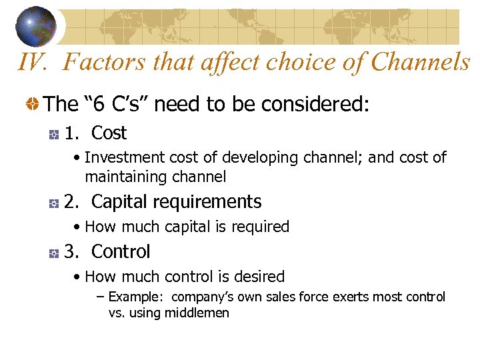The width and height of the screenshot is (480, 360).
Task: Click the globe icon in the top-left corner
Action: [x=36, y=25]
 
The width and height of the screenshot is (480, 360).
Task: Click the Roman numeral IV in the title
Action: [x=31, y=63]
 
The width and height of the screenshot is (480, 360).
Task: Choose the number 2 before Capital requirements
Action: [x=70, y=201]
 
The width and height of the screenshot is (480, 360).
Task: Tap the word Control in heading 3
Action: [x=121, y=252]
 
